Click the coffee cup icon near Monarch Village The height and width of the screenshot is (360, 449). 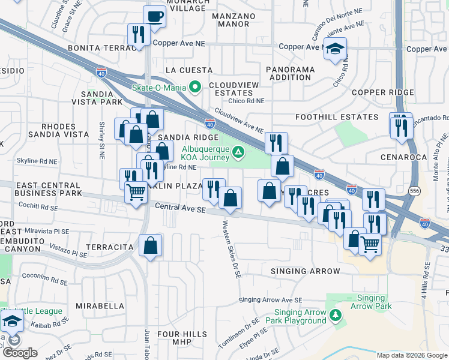[x=155, y=17]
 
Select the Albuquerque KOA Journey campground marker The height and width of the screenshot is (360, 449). [x=238, y=152]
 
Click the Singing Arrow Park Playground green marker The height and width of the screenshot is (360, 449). [x=337, y=315]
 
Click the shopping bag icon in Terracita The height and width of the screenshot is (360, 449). [x=150, y=245]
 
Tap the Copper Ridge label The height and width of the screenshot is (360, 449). [x=383, y=92]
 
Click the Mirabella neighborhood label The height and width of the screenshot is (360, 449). [x=100, y=305]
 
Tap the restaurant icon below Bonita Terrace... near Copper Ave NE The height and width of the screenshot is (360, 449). [x=138, y=35]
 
